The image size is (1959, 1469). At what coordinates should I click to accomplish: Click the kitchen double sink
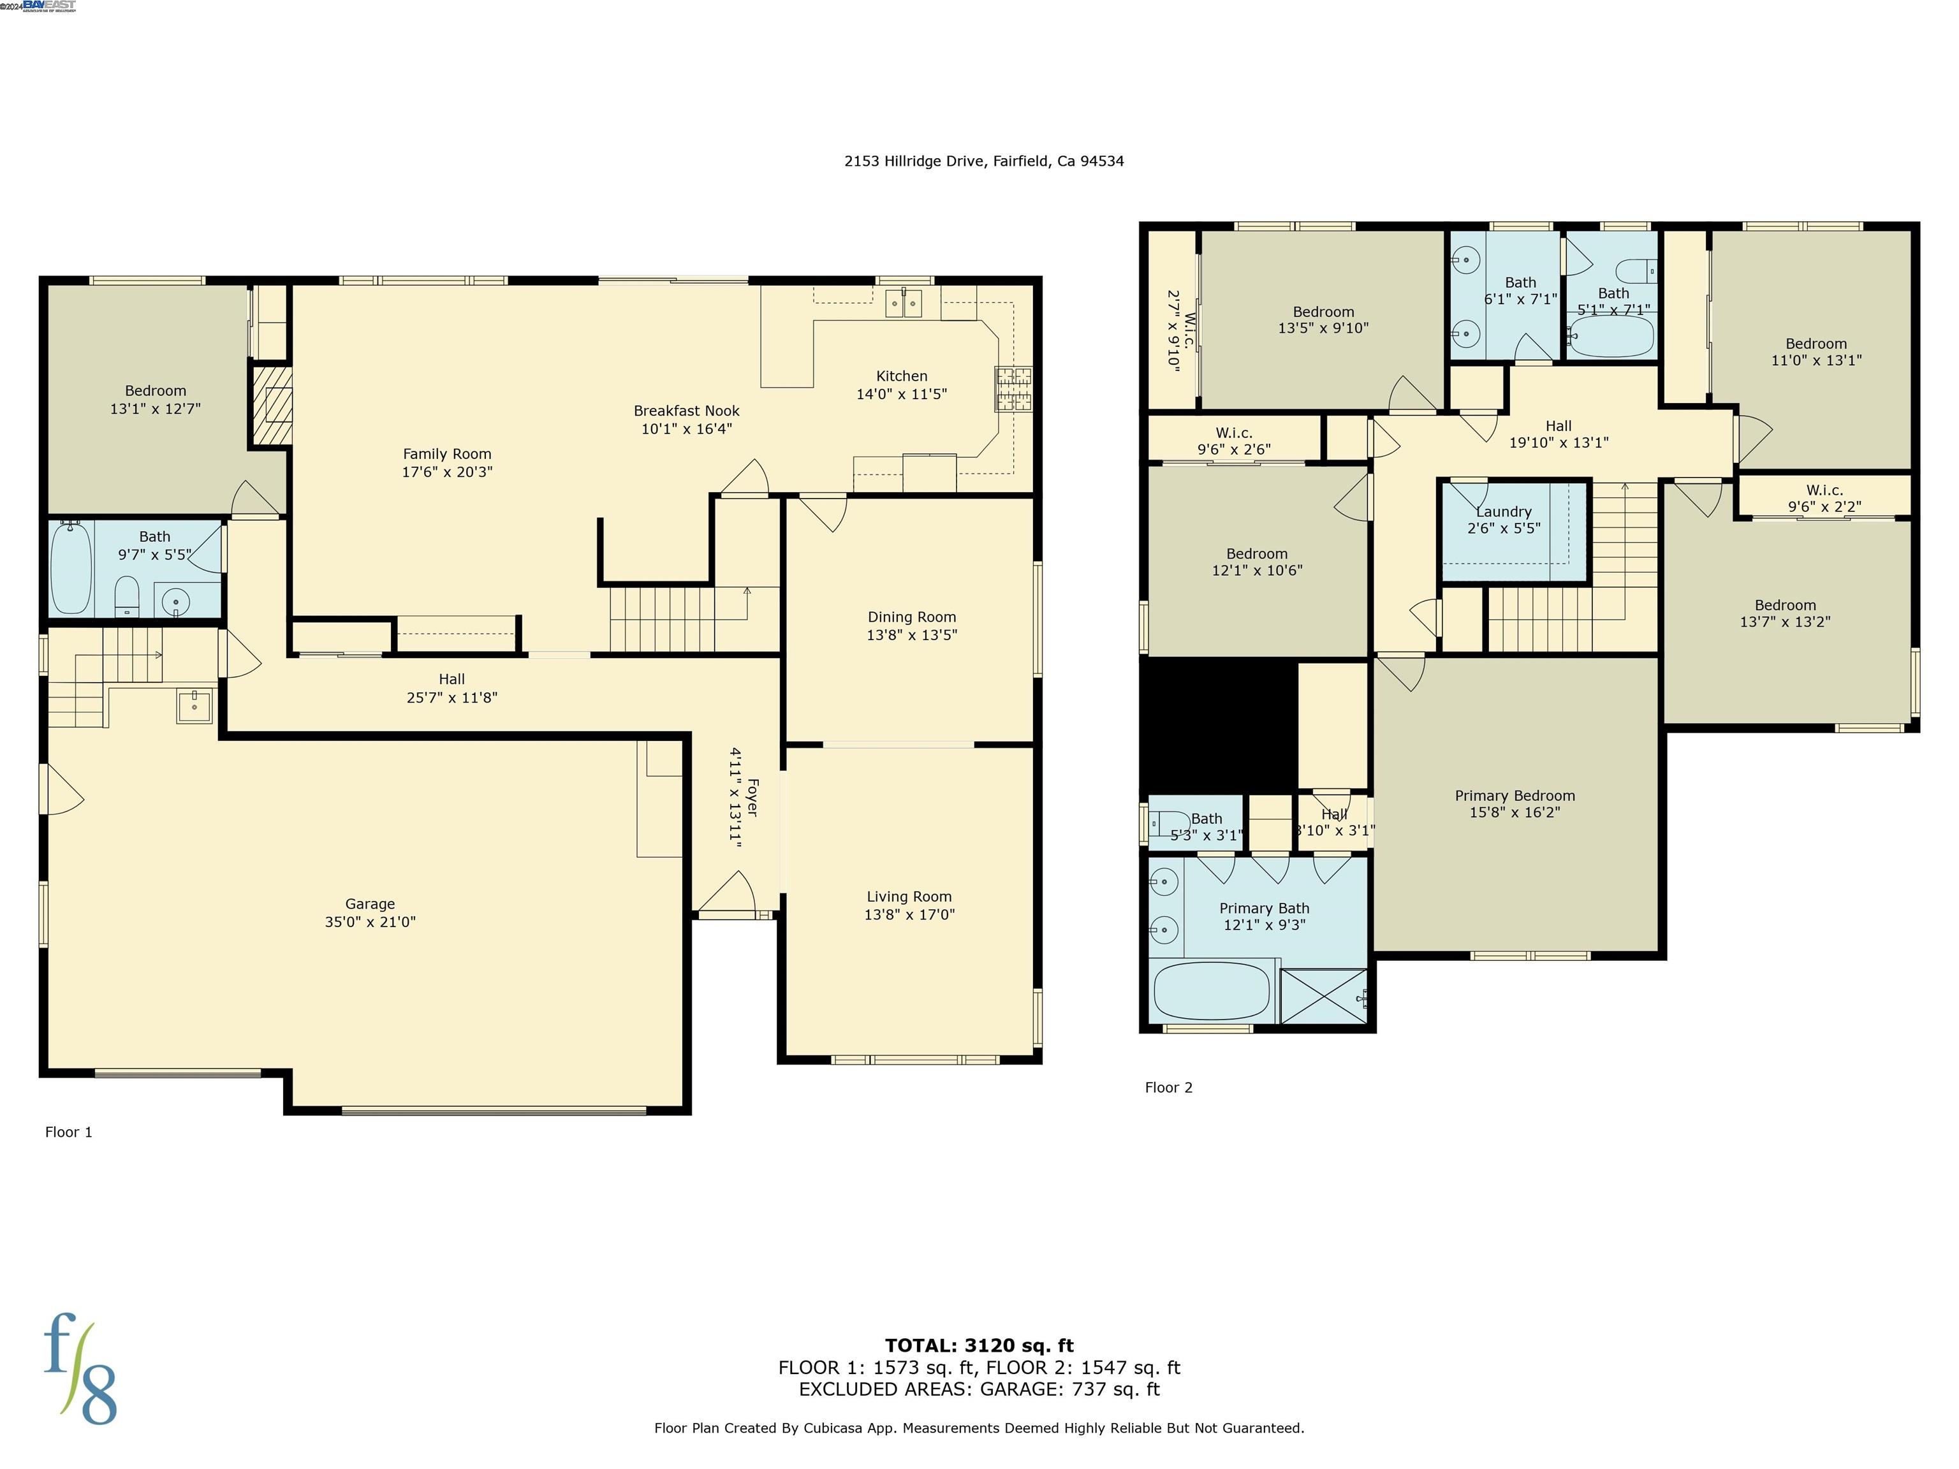(904, 303)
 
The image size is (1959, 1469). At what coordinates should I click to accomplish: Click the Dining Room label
(911, 617)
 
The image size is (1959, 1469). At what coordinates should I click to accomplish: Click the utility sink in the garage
(194, 706)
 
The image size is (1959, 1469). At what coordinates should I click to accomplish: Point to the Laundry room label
(1503, 512)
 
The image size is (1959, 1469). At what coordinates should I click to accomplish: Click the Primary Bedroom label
(1515, 795)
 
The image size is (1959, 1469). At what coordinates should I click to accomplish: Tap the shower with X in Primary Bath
(1323, 996)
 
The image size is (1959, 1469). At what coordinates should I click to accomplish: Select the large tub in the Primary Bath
(1212, 991)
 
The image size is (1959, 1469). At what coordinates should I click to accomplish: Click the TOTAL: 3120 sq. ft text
(979, 1347)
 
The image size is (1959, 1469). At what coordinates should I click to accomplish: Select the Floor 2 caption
(1168, 1087)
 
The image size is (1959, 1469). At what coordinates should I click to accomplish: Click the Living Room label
(909, 897)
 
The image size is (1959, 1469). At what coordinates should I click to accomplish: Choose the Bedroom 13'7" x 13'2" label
(1784, 606)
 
